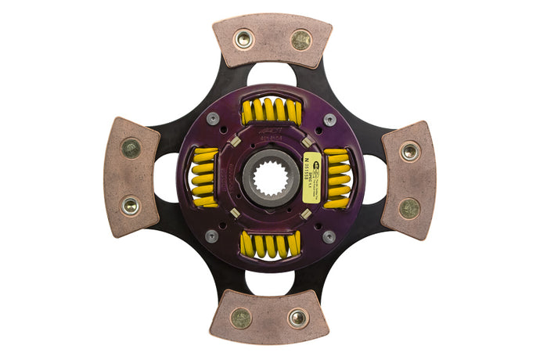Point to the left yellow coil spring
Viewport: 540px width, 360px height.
coord(205,178)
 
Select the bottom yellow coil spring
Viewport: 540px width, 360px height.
coord(270,244)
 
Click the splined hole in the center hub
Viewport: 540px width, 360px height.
coord(270,178)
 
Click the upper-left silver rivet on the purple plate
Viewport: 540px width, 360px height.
coord(212,119)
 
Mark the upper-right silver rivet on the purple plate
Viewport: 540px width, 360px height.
coord(329,120)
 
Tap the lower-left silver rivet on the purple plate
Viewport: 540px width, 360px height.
coord(211,236)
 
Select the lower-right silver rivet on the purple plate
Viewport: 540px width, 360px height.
coord(329,236)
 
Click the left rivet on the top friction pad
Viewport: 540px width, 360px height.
coord(244,39)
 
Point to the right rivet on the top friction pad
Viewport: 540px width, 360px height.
coord(301,39)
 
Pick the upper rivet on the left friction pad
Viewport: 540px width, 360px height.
coord(131,148)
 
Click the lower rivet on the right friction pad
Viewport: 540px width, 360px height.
coord(409,207)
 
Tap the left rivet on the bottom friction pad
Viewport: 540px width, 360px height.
coord(242,317)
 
